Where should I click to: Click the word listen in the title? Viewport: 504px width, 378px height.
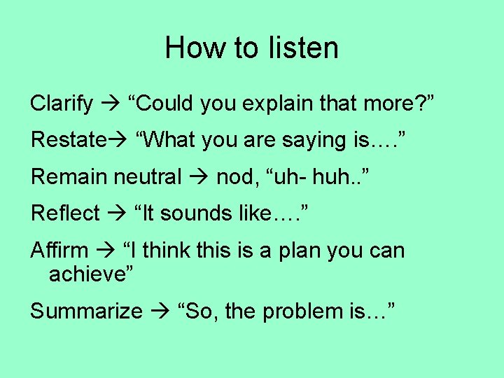coord(302,48)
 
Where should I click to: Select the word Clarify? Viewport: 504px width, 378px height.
coord(62,104)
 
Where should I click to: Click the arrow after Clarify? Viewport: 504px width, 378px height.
coord(111,104)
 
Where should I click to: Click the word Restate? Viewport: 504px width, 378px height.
coord(66,140)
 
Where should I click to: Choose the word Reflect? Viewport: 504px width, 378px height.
coord(65,213)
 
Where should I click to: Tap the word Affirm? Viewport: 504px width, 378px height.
coord(59,250)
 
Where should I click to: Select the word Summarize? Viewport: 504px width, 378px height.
coord(86,311)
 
